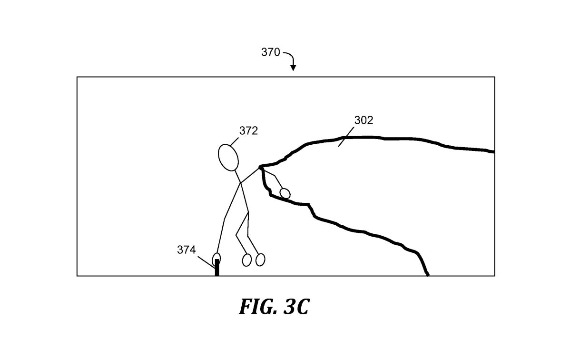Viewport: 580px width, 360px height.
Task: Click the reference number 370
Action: [270, 52]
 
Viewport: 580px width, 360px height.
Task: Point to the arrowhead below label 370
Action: [293, 68]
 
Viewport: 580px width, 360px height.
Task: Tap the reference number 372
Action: [248, 131]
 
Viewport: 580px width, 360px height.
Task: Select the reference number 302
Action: [364, 120]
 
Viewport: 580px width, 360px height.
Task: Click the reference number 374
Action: [187, 250]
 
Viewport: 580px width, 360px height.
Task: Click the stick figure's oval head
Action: [228, 157]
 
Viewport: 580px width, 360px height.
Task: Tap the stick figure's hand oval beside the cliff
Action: [285, 193]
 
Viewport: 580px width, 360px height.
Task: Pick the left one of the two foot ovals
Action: [246, 260]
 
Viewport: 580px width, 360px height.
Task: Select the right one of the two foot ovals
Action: [260, 260]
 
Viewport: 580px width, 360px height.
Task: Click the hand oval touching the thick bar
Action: [216, 259]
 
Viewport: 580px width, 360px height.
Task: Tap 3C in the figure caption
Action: [295, 307]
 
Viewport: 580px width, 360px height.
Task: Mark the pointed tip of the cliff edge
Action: [260, 167]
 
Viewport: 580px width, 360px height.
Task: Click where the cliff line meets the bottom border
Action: [428, 275]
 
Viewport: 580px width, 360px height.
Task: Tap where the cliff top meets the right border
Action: [493, 152]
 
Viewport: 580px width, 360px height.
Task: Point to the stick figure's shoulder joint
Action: [241, 183]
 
